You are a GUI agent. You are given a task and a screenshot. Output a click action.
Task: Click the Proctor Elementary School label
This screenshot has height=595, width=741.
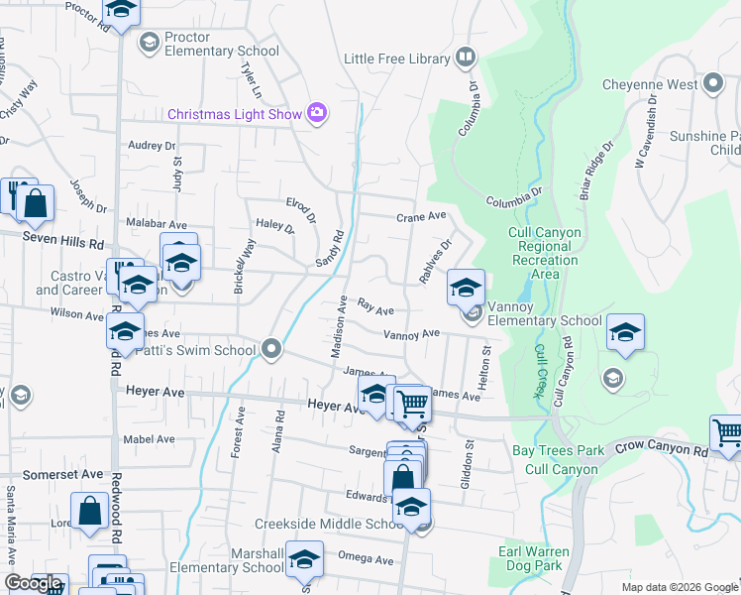[222, 44]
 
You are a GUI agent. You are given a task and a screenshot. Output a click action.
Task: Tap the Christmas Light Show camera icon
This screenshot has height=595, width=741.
[317, 113]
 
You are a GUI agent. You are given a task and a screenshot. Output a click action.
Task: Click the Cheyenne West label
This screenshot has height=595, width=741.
[649, 84]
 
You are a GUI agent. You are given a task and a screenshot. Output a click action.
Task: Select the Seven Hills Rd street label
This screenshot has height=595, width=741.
[63, 242]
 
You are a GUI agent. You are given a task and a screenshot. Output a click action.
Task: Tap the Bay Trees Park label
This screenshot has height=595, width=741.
[558, 450]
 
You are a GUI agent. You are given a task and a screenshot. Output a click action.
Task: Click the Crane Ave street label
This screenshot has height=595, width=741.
[421, 216]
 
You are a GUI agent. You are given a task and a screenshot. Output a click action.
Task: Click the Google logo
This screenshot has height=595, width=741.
[33, 583]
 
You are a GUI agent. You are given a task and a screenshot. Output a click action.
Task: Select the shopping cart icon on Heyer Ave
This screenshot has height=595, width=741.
[411, 404]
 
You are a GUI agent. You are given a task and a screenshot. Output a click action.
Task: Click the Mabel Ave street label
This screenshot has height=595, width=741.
[149, 438]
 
